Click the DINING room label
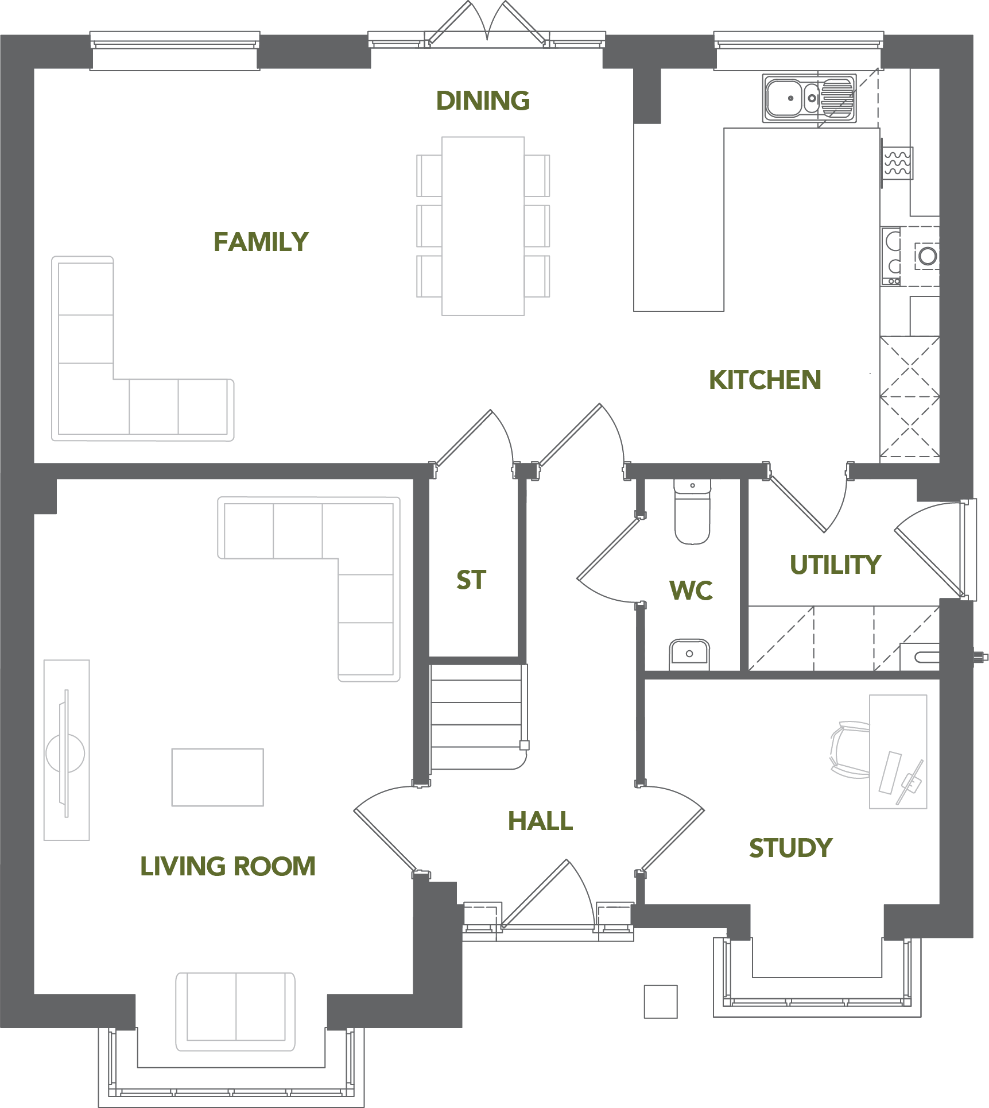click(483, 101)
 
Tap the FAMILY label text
click(261, 242)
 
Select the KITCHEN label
click(765, 380)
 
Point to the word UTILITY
click(835, 565)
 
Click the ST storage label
click(471, 580)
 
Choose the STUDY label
click(790, 848)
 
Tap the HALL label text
click(540, 821)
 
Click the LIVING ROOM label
click(228, 866)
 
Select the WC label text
click(691, 590)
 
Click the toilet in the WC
click(692, 512)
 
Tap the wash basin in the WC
click(689, 655)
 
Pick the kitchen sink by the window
click(809, 98)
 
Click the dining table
click(483, 226)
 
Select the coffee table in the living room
click(218, 777)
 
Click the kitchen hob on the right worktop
click(891, 256)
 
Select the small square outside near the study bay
click(661, 1002)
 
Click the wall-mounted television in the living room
click(66, 753)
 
